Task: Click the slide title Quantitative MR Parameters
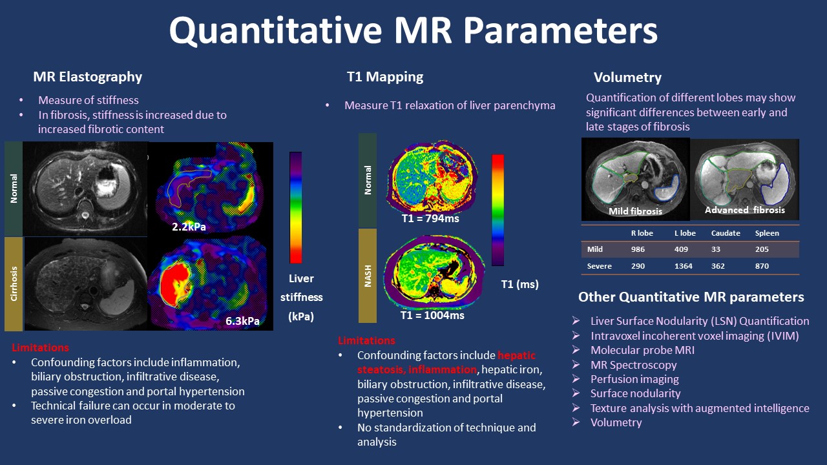[x=413, y=31]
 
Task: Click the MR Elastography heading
[x=88, y=77]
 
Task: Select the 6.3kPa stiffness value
[x=243, y=321]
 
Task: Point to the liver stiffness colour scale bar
[x=295, y=207]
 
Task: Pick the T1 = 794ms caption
[x=430, y=219]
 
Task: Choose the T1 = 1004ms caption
[x=433, y=315]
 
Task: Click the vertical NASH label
[x=368, y=276]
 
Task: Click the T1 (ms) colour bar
[x=497, y=210]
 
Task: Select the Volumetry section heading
[x=627, y=78]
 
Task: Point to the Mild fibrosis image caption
[x=636, y=211]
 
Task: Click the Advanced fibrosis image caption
[x=745, y=210]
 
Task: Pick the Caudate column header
[x=725, y=233]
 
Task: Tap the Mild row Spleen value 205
[x=762, y=249]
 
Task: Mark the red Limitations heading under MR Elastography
[x=41, y=347]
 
